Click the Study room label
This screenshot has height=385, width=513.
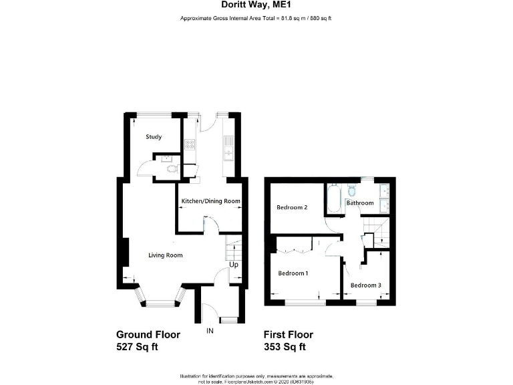click(154, 137)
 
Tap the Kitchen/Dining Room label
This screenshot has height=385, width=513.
click(211, 201)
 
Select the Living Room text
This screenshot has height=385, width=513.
click(165, 255)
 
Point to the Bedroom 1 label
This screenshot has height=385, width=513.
click(293, 273)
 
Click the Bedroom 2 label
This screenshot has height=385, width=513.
click(292, 207)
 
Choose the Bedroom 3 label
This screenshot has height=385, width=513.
click(366, 285)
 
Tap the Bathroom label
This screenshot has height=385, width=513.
click(359, 203)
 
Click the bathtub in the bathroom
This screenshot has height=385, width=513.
click(333, 199)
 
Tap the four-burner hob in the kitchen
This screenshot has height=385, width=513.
click(189, 143)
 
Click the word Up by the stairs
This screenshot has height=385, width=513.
click(234, 265)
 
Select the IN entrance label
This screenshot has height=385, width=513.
click(210, 330)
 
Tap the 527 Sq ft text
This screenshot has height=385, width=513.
click(137, 346)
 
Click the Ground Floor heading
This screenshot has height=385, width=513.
click(148, 334)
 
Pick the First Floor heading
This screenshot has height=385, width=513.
click(289, 334)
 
